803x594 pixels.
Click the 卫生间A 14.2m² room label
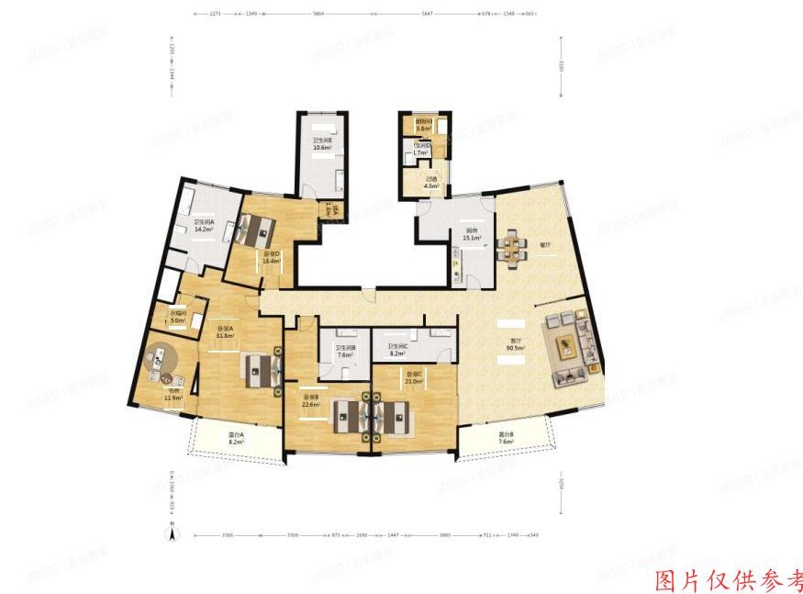click(x=203, y=226)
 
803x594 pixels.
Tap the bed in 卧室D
click(x=251, y=228)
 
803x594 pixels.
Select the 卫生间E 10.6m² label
click(x=321, y=143)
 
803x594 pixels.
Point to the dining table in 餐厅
click(x=511, y=248)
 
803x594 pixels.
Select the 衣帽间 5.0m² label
click(x=178, y=317)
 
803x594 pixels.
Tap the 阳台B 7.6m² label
click(x=506, y=438)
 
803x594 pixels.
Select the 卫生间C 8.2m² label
click(x=397, y=349)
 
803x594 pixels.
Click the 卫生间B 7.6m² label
click(x=345, y=351)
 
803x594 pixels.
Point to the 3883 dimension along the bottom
click(x=444, y=534)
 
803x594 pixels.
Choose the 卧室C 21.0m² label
click(x=415, y=377)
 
